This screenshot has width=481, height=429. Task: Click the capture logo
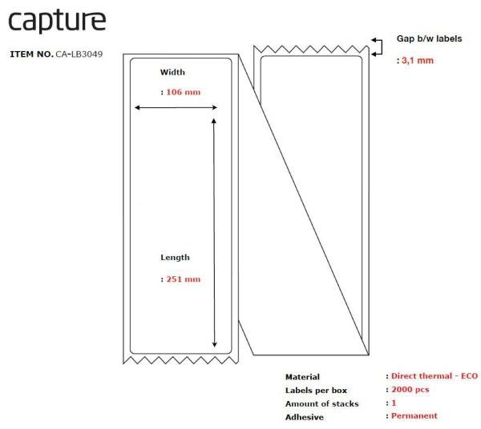57,22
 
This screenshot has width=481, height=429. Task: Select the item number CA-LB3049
79,54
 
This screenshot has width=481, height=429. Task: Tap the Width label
172,72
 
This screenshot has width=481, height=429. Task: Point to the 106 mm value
183,92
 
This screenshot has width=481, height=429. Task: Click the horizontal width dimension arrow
176,107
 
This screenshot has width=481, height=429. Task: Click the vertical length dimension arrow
214,233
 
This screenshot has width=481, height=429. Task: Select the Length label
175,258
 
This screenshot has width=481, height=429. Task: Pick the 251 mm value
184,279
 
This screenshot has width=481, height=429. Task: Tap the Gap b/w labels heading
429,38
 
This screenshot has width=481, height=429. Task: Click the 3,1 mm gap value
418,61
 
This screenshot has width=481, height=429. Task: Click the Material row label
302,377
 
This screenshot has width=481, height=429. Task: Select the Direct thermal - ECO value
435,376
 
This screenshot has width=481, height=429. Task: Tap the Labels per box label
316,391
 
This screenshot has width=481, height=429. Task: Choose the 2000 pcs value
410,390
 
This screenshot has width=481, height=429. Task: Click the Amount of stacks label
321,404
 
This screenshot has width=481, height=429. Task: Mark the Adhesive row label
305,417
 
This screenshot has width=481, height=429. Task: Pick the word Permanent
414,416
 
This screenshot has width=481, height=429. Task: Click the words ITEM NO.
31,54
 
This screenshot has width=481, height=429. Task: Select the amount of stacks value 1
394,403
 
